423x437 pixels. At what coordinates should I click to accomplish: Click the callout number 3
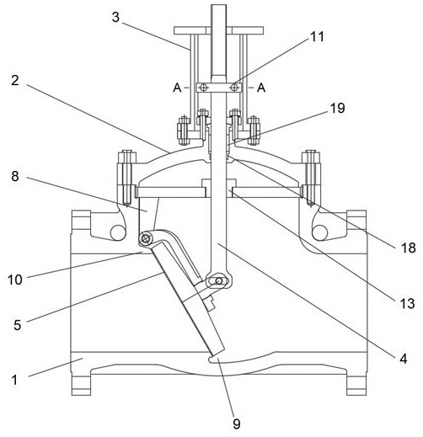(x=115, y=18)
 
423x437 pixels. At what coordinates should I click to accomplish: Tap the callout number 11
(x=317, y=37)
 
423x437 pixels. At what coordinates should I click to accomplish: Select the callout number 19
(x=337, y=108)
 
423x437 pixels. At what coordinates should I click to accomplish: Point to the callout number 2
(x=15, y=81)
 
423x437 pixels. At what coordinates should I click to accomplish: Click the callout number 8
(x=15, y=176)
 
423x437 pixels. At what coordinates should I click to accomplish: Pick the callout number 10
(x=15, y=280)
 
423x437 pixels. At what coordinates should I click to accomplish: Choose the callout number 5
(x=18, y=325)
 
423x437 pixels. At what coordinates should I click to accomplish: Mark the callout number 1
(x=14, y=381)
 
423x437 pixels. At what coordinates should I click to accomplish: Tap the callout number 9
(x=237, y=424)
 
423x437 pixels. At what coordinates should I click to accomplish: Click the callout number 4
(x=404, y=359)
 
